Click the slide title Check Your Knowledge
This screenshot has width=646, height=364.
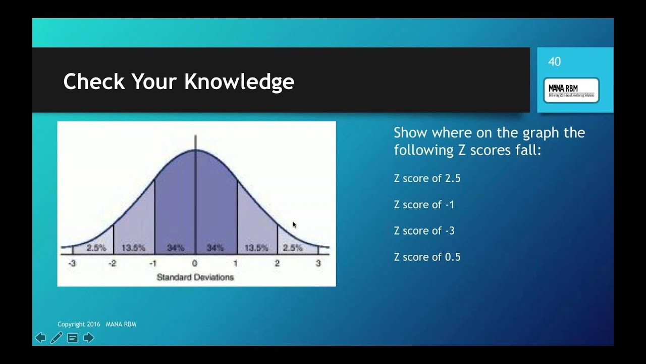point(179,81)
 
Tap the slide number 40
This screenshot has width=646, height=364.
point(554,62)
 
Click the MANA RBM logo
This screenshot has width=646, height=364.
point(571,90)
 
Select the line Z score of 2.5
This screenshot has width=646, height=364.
point(427,178)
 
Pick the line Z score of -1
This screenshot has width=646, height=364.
point(424,205)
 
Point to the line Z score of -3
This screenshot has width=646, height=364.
point(424,231)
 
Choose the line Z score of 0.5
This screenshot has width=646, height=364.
point(427,257)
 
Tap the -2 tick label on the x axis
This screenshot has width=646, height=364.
point(112,263)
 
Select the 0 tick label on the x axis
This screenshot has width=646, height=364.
point(195,263)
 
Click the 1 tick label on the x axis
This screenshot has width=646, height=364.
point(236,263)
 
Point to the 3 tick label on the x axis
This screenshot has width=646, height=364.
point(318,263)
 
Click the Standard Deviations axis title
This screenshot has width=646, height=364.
point(195,277)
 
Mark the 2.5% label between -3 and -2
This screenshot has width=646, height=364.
point(96,248)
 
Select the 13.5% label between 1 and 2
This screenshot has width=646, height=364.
point(256,248)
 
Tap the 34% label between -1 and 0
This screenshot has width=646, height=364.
point(175,248)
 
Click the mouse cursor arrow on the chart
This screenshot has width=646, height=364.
point(295,225)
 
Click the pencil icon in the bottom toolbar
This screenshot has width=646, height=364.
point(57,338)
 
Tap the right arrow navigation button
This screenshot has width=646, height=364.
point(89,338)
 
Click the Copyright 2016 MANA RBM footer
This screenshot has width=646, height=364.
point(97,324)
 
